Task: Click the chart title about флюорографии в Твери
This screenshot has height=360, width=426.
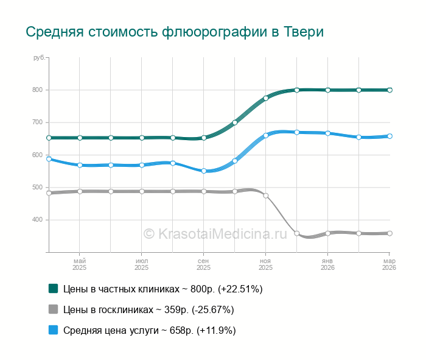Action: [x=174, y=32]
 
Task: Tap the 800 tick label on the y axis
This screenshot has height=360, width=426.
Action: [x=38, y=90]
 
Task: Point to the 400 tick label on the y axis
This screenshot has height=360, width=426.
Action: [x=38, y=220]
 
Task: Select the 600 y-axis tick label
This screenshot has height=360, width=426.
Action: [x=38, y=155]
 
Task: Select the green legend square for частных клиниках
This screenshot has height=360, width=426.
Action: [x=53, y=288]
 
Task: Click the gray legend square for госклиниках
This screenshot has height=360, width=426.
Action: [x=53, y=309]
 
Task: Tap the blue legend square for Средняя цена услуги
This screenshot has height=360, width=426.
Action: [x=53, y=330]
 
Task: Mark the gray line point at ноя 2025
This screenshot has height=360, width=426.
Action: [x=266, y=196]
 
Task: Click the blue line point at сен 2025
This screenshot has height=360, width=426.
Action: [x=204, y=171]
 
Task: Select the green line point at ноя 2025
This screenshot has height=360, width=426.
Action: [x=266, y=97]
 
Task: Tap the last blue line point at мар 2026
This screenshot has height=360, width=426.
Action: [x=389, y=136]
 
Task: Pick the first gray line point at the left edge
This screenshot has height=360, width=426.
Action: [x=49, y=193]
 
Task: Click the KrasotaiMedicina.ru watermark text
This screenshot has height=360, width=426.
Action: [x=215, y=233]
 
